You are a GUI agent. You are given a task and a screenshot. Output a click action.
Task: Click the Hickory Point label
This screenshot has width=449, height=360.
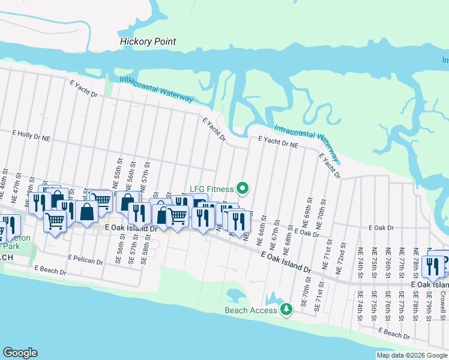pyautogui.click(x=148, y=41)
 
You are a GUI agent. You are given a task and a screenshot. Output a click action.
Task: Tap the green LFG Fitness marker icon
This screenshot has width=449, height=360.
pyautogui.click(x=243, y=189)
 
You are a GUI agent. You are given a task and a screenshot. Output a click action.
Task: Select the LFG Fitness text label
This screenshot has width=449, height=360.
pyautogui.click(x=211, y=189)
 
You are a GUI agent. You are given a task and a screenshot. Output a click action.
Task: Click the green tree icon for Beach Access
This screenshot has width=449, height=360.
pyautogui.click(x=287, y=310)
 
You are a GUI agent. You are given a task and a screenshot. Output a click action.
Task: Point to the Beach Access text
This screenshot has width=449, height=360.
pyautogui.click(x=251, y=310)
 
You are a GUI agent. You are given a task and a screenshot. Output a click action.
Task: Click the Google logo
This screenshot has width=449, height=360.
pyautogui.click(x=20, y=353)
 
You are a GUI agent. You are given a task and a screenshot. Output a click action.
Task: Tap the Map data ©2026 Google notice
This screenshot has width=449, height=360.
pyautogui.click(x=411, y=355)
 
